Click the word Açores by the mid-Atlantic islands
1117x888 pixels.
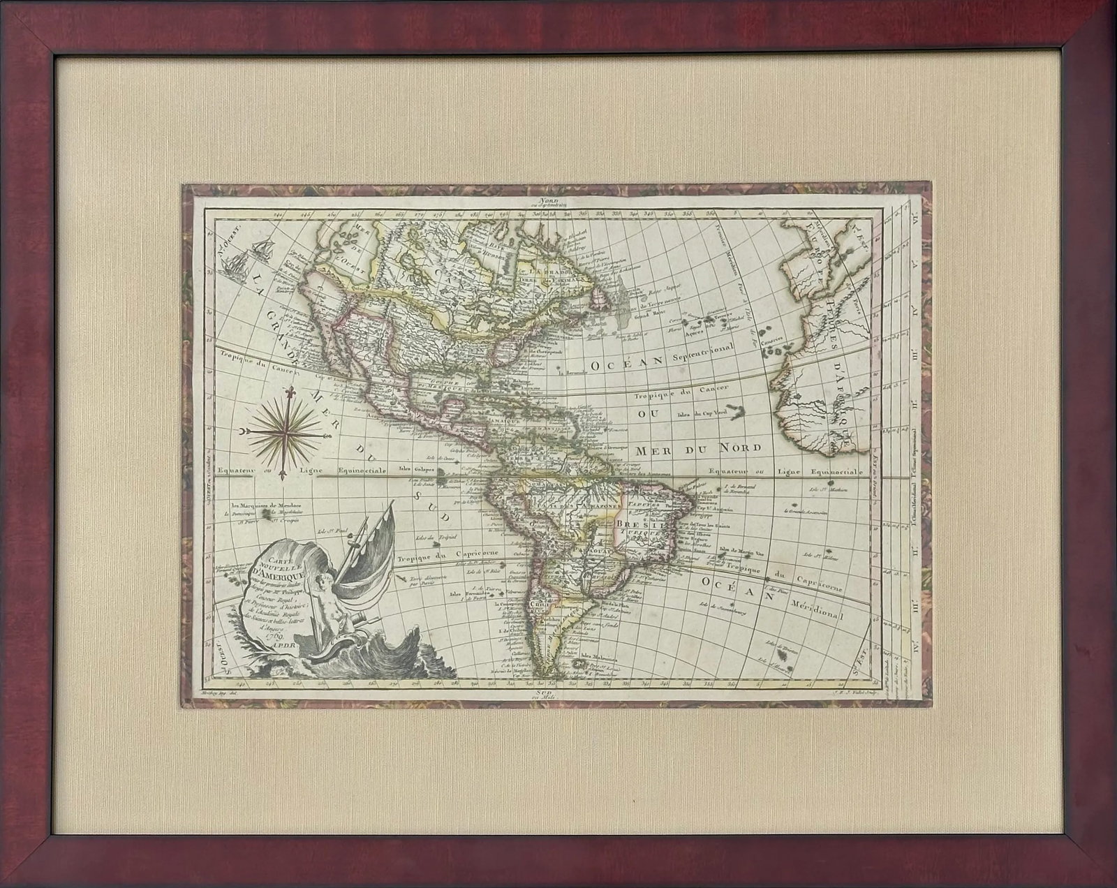point(695,332)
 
